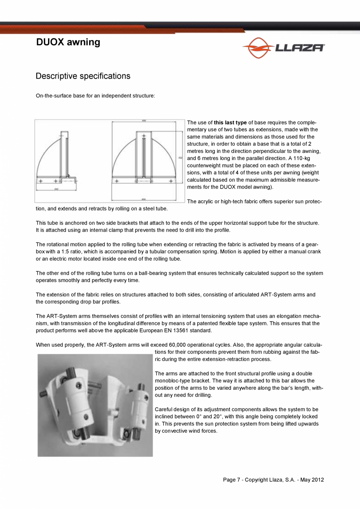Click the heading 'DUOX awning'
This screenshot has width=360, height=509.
[68, 42]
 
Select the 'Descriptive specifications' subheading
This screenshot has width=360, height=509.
[83, 76]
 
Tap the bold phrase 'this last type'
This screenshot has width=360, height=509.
[230, 122]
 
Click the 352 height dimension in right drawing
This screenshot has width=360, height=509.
[180, 158]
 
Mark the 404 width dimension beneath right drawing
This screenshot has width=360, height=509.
[144, 198]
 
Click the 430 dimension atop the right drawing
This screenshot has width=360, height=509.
[144, 121]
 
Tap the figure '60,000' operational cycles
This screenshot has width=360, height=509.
[177, 345]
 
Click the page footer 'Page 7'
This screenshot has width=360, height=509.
[232, 480]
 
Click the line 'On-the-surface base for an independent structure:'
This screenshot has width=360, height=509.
[95, 96]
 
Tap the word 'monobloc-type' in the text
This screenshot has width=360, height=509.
[173, 381]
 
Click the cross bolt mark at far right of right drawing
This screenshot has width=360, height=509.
[171, 181]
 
